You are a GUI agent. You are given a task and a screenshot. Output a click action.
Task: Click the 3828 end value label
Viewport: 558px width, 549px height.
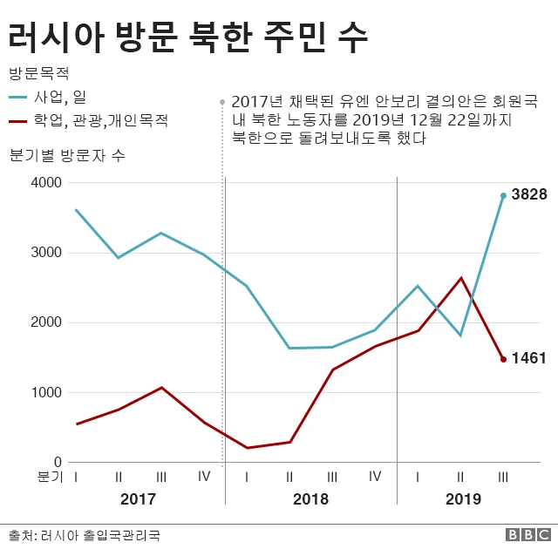point(529,194)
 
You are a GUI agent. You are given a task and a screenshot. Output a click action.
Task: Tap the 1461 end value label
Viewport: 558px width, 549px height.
point(529,358)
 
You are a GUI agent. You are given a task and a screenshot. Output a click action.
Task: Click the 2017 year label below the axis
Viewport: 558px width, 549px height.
point(138,499)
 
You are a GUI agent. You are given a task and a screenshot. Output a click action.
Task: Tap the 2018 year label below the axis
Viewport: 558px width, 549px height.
point(310,499)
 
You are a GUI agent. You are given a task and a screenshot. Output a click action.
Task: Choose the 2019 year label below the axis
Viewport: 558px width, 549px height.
point(462,499)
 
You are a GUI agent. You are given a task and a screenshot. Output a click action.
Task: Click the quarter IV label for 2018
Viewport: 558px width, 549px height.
point(375,477)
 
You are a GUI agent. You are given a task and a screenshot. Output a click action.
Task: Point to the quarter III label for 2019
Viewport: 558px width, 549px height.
point(503,477)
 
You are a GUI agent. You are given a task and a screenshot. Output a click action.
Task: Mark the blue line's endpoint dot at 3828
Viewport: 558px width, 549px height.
point(503,195)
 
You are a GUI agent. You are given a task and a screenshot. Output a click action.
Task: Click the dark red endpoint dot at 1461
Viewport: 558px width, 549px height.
point(503,359)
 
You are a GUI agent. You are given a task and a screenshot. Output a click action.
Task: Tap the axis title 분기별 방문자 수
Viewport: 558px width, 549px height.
point(66,156)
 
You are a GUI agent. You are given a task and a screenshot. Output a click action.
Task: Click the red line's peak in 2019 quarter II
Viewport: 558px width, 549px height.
point(461,278)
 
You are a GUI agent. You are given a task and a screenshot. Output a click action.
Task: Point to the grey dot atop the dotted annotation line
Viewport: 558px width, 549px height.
point(223,101)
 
